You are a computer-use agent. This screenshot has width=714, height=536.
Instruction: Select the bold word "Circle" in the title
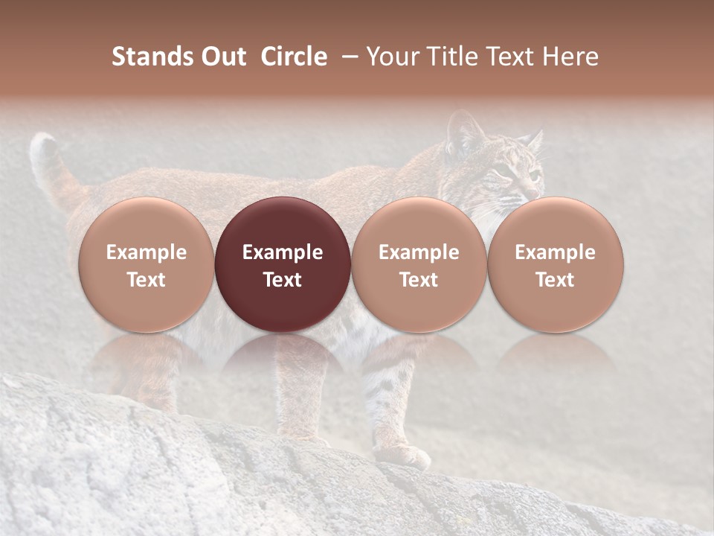[x=294, y=57]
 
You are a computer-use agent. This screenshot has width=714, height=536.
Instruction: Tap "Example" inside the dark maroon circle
[x=282, y=252]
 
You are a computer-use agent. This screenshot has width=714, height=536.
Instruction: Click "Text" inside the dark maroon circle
[x=282, y=280]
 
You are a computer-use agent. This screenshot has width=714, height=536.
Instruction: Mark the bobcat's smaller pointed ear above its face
[x=533, y=139]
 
